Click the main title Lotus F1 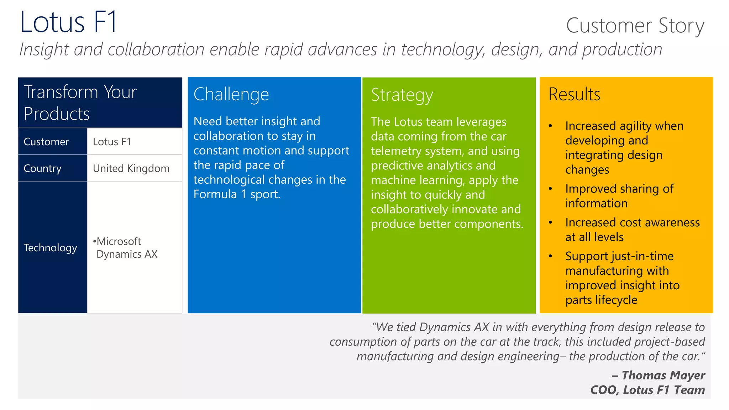(68, 22)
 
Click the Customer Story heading (635, 26)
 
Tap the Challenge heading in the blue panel (231, 95)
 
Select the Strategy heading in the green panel (402, 95)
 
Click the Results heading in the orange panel (574, 95)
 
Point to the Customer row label (46, 142)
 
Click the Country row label (42, 168)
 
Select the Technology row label (50, 248)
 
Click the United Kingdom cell (131, 168)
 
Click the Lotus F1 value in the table (112, 142)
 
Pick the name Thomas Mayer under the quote (663, 375)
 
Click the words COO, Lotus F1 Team (647, 390)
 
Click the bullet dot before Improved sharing (550, 189)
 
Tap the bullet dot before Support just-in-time (550, 256)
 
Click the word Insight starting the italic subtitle (43, 49)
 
